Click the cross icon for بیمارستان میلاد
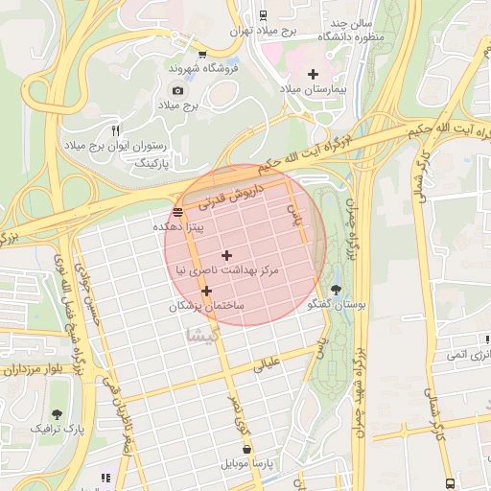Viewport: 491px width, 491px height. pyautogui.click(x=313, y=74)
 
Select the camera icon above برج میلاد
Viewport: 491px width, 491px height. pyautogui.click(x=177, y=90)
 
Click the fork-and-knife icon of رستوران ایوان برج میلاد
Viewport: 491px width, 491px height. pyautogui.click(x=115, y=130)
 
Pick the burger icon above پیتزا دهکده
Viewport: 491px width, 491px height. pyautogui.click(x=177, y=213)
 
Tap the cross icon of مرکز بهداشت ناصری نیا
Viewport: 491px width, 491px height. pyautogui.click(x=226, y=255)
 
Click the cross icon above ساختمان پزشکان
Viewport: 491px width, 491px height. pyautogui.click(x=206, y=290)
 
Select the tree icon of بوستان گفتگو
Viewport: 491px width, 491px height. pyautogui.click(x=335, y=289)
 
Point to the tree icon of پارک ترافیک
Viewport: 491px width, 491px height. pyautogui.click(x=58, y=413)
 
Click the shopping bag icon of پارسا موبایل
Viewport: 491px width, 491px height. pyautogui.click(x=247, y=448)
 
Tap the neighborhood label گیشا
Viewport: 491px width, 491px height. pyautogui.click(x=205, y=335)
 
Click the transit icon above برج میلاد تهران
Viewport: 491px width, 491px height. pyautogui.click(x=264, y=14)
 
